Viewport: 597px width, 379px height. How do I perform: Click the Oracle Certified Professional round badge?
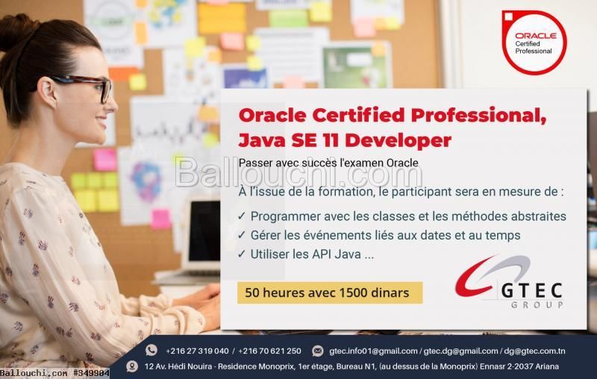[x=534, y=43]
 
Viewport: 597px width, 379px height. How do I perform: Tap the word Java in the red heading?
[x=262, y=140]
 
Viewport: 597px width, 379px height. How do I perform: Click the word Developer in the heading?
[x=398, y=141]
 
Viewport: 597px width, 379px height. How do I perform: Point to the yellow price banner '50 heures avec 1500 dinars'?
[x=330, y=292]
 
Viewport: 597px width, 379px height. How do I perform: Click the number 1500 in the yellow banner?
[x=353, y=292]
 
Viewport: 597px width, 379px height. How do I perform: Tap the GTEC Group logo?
[x=509, y=281]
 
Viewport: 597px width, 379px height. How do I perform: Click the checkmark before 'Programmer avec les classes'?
[x=242, y=216]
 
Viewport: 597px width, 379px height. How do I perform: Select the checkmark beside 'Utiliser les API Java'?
[x=242, y=254]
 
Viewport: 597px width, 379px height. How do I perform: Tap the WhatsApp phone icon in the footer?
[x=151, y=350]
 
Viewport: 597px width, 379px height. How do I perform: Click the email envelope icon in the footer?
[x=318, y=351]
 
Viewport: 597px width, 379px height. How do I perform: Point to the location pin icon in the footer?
[x=132, y=366]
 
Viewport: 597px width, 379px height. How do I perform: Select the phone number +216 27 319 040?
[x=197, y=351]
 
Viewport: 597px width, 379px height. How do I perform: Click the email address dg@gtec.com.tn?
[x=534, y=351]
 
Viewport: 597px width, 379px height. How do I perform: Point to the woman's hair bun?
[x=15, y=32]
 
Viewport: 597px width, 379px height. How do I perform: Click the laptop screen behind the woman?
[x=204, y=231]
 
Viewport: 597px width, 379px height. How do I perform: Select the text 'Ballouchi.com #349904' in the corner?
[x=54, y=373]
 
